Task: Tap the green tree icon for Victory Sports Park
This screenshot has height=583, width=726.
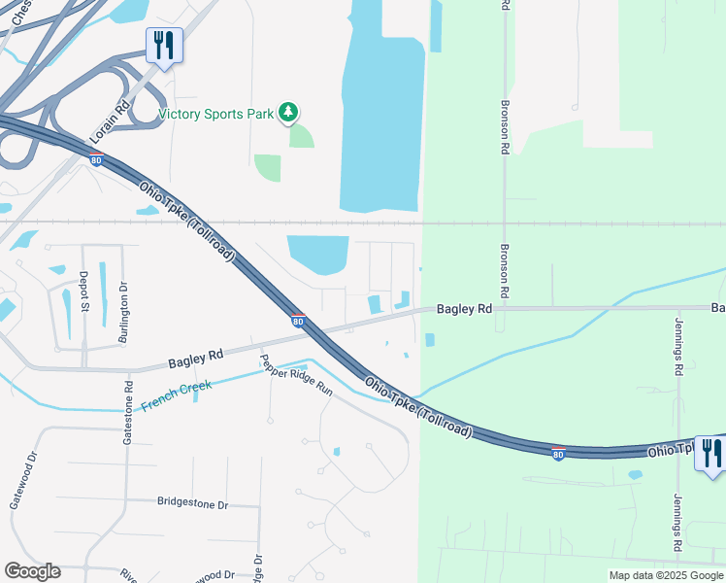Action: (x=288, y=114)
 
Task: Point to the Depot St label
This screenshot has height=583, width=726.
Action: (x=84, y=292)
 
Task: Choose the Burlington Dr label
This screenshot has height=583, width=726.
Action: (x=123, y=300)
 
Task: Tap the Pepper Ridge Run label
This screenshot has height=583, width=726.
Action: (x=295, y=375)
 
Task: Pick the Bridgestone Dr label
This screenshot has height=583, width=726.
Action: (x=192, y=503)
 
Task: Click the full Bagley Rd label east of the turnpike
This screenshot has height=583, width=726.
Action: (x=464, y=309)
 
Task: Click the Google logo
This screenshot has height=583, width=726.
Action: (x=32, y=571)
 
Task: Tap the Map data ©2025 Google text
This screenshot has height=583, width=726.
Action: (x=666, y=575)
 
